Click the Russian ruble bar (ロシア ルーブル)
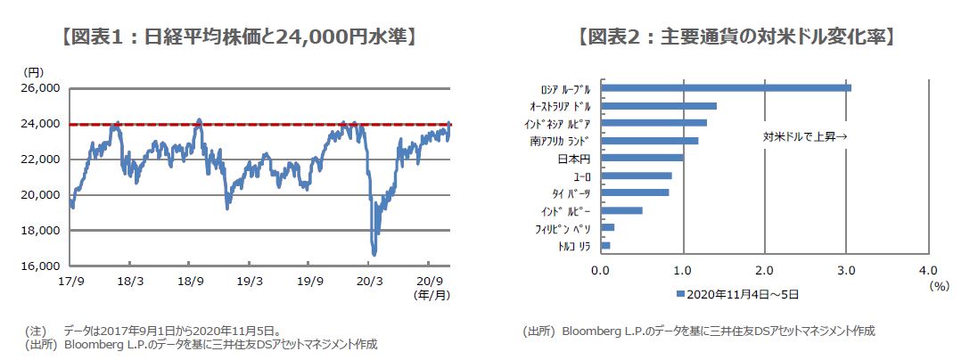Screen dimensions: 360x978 (727, 87)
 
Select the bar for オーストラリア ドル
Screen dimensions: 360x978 (660, 106)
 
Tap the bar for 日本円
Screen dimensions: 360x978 (642, 158)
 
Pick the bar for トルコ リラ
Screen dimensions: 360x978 (605, 245)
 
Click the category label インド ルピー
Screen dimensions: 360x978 (565, 210)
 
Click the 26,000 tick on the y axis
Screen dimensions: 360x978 (39, 88)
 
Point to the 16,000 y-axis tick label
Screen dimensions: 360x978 (39, 266)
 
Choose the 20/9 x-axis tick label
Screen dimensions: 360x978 (430, 279)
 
